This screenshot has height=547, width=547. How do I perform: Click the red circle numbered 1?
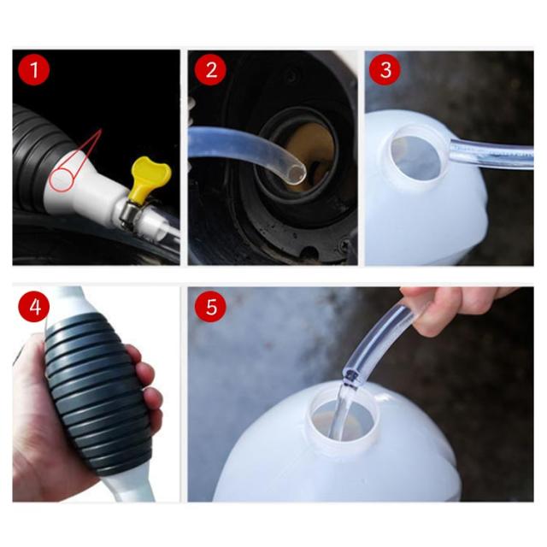click(34, 69)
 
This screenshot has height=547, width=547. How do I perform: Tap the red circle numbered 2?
click(211, 69)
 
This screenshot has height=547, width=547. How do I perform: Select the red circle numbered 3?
click(385, 69)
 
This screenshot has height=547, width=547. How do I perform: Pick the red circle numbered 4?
click(34, 307)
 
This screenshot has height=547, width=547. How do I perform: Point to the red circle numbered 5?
click(211, 307)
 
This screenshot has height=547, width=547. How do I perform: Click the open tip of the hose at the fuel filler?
click(297, 174)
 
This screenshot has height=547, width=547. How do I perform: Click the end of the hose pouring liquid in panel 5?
click(351, 378)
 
